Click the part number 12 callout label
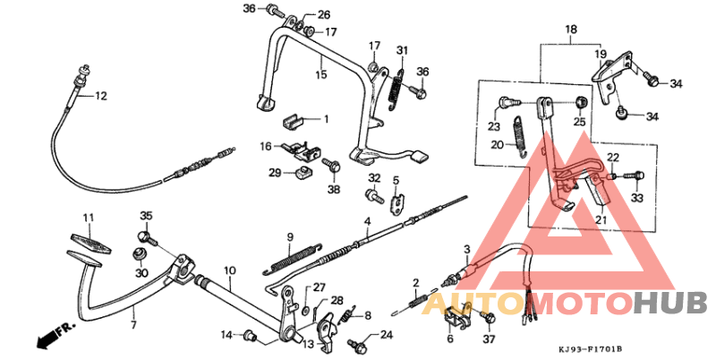tap(100, 96)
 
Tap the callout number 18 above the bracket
tap(570, 30)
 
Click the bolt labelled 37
tap(488, 318)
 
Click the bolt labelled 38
tap(332, 167)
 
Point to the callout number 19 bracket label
tap(601, 54)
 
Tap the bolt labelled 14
tap(251, 336)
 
